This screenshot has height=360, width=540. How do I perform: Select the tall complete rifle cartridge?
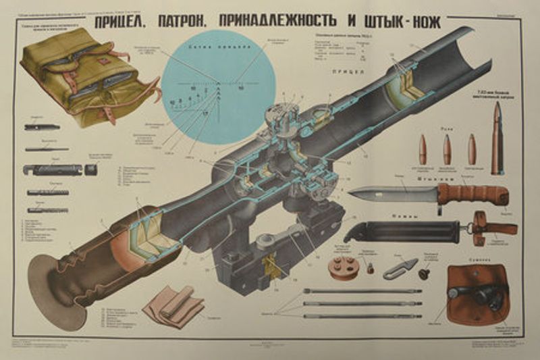point(497,138)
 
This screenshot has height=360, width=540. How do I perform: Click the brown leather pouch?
point(480,294)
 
